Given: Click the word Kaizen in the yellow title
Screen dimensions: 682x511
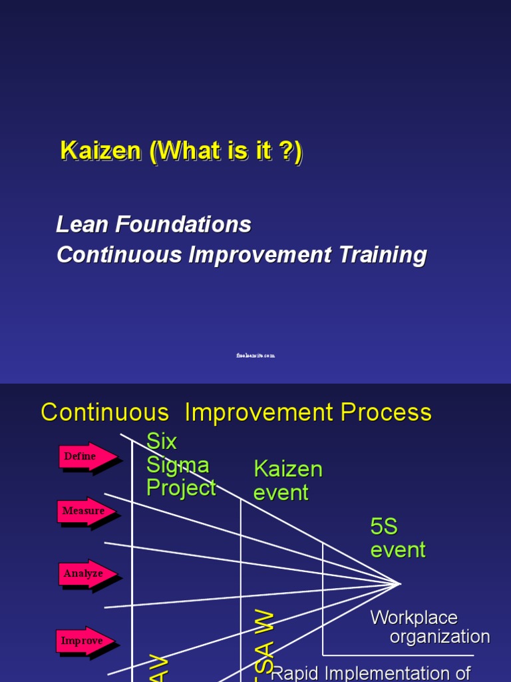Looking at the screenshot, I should tap(101, 151).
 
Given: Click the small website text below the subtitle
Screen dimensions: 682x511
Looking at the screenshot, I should tap(255, 356).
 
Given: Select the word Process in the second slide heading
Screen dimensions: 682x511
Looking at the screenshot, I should tap(386, 413).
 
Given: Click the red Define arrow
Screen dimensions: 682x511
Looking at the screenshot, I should tap(87, 457).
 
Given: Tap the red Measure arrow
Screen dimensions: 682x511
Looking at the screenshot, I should tap(87, 511).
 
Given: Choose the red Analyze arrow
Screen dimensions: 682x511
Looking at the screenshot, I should tap(87, 573).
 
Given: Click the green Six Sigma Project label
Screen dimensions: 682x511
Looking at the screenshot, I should tap(181, 464).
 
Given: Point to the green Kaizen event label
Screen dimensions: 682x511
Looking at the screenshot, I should tap(287, 480).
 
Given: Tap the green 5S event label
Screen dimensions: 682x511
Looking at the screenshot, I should tap(397, 538).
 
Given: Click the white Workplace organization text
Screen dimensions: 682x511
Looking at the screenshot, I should tap(430, 627).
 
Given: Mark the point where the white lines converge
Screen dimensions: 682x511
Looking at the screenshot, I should tap(400, 583).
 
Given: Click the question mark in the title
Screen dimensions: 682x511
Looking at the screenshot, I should tap(284, 151).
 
